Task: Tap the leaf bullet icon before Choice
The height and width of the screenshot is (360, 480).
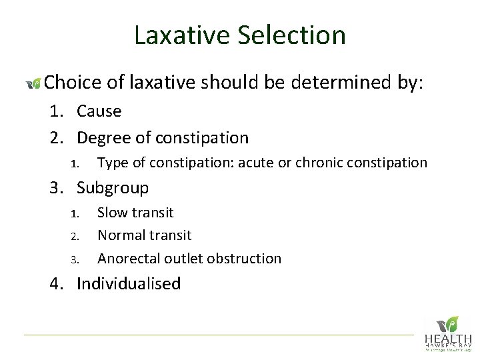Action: pyautogui.click(x=33, y=83)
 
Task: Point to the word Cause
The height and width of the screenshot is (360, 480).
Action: pyautogui.click(x=99, y=111)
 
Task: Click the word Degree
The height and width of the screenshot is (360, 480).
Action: pyautogui.click(x=103, y=138)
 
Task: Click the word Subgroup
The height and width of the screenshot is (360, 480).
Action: pyautogui.click(x=113, y=188)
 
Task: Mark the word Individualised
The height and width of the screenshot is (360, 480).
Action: pyautogui.click(x=129, y=283)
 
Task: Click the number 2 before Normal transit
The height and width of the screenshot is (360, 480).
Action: pyautogui.click(x=74, y=236)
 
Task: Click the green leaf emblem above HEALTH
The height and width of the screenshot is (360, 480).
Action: pyautogui.click(x=451, y=323)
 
